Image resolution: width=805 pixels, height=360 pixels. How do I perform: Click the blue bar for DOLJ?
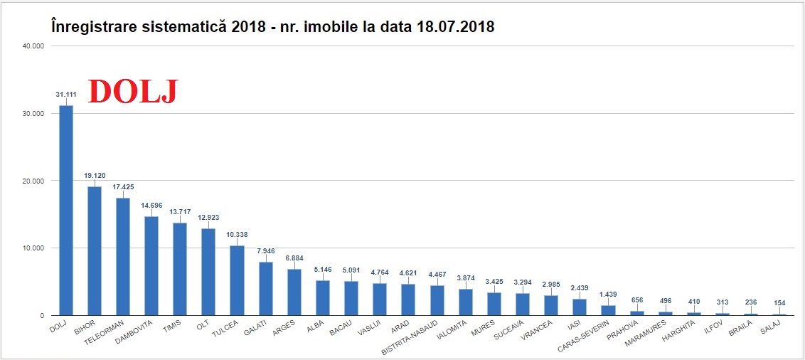click(x=65, y=210)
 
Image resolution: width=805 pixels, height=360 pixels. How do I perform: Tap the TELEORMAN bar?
click(x=123, y=256)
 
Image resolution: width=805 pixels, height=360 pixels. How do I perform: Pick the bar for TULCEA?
click(x=237, y=280)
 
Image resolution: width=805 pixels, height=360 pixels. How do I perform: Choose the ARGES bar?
click(x=294, y=292)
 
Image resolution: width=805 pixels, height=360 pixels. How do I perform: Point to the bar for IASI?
click(x=580, y=307)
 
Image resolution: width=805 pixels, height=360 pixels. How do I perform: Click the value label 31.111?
click(x=66, y=93)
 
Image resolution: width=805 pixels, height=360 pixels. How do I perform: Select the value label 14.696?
click(x=151, y=205)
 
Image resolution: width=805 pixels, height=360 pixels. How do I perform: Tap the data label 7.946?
click(x=266, y=250)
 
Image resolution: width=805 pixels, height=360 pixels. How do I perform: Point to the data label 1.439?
click(x=608, y=294)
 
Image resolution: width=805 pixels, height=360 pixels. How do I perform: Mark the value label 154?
click(x=779, y=302)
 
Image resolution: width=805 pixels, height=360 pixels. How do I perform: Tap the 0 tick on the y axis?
click(x=42, y=315)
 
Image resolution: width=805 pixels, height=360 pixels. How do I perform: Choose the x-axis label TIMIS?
click(x=172, y=327)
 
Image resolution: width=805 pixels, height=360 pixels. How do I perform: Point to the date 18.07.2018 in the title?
click(x=454, y=26)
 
